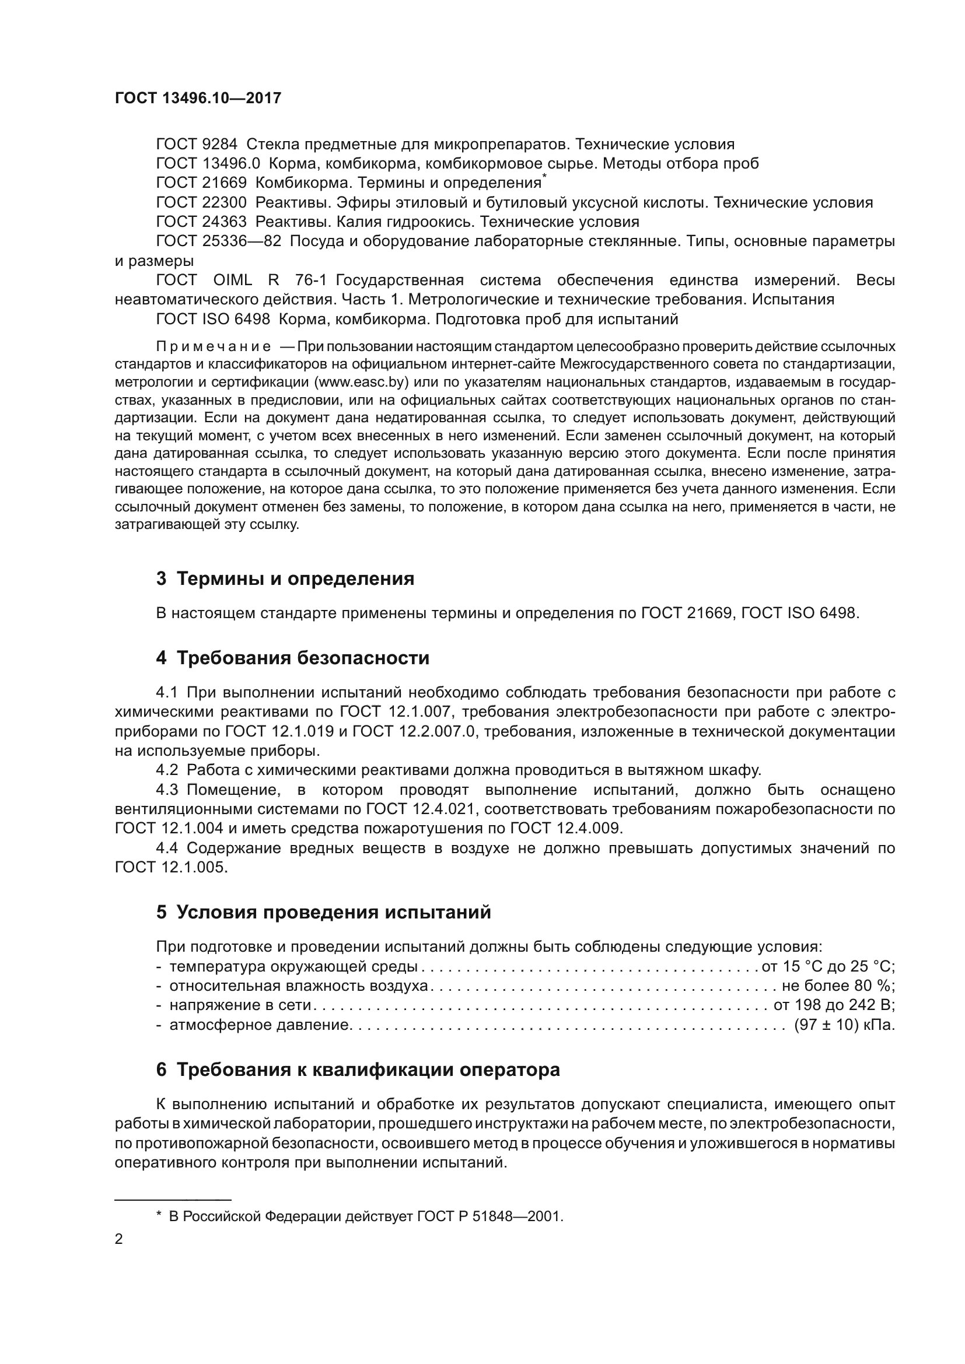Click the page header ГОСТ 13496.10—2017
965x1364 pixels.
click(198, 98)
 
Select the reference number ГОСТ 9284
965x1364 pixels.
click(196, 145)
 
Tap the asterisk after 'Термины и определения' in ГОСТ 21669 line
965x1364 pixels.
click(544, 177)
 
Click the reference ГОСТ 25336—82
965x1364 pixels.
click(219, 241)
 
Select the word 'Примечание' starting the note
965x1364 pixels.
click(214, 346)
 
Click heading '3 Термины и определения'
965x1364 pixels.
click(285, 578)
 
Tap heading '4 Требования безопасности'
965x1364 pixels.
click(292, 658)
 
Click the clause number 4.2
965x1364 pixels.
click(167, 770)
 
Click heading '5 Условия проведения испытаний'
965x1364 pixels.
click(323, 912)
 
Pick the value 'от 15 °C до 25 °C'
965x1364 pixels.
click(828, 966)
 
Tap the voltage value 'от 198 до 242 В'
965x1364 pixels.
click(834, 1005)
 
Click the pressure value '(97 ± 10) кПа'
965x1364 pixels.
click(844, 1025)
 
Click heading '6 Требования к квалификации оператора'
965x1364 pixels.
click(358, 1070)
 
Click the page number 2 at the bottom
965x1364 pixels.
click(119, 1239)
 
